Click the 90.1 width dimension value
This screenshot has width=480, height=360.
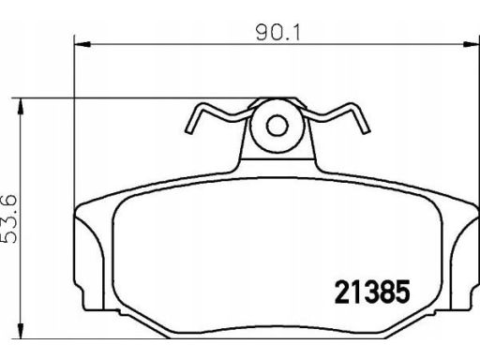[277, 33]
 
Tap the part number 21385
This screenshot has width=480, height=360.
[372, 292]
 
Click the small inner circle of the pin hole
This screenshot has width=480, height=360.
[277, 126]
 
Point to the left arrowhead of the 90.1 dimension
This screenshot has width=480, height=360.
[82, 44]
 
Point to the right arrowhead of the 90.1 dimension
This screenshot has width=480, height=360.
[472, 44]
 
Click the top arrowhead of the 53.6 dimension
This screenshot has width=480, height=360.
[21, 106]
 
